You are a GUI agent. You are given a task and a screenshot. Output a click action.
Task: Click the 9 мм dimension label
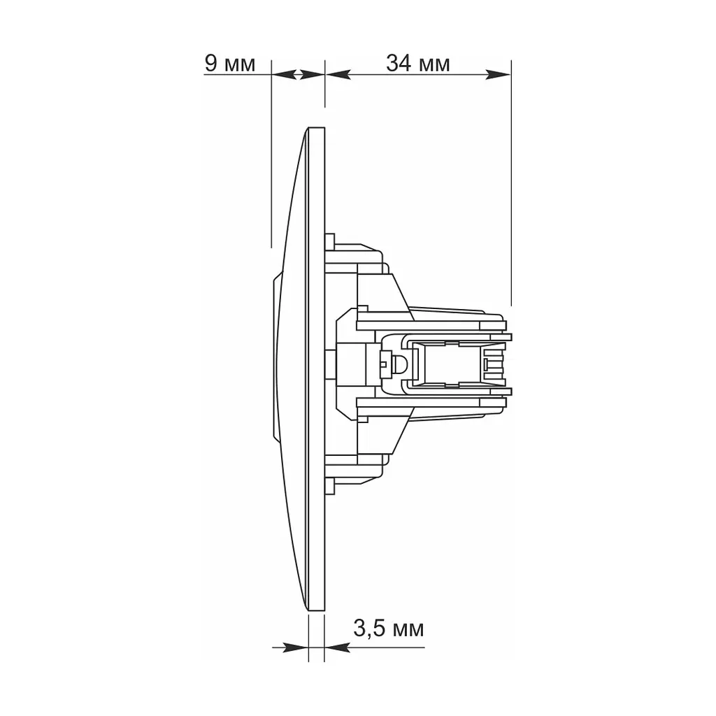(x=229, y=64)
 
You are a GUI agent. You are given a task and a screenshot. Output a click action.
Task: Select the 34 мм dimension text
(x=418, y=63)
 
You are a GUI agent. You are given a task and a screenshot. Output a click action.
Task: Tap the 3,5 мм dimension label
(x=389, y=629)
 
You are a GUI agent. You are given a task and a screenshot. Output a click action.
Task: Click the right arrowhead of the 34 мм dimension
(x=498, y=74)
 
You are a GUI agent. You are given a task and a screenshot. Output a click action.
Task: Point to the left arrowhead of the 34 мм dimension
(x=338, y=74)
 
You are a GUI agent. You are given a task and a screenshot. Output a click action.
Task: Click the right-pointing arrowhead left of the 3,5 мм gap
(x=296, y=647)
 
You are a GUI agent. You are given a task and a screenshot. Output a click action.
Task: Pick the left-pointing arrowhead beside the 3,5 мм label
(x=338, y=647)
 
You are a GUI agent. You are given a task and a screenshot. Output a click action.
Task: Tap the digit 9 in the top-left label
(x=211, y=64)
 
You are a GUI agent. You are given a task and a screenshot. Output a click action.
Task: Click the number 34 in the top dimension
(x=399, y=63)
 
